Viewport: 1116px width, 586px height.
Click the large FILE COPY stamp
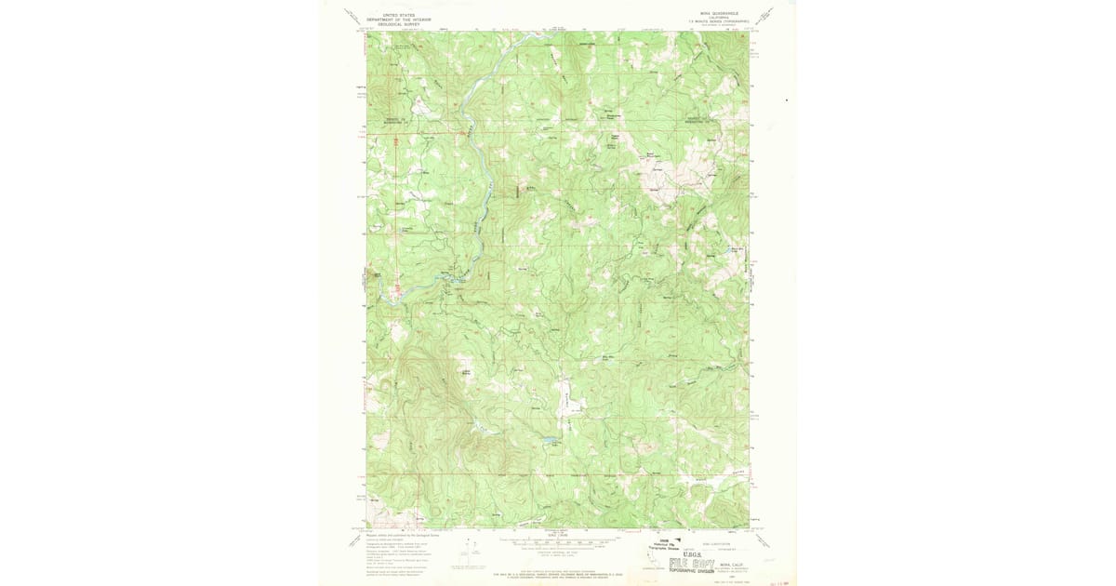(x=693, y=563)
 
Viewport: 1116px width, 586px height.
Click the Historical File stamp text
(x=665, y=545)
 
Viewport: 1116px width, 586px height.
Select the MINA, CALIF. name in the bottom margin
(x=728, y=565)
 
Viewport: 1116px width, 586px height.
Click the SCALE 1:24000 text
(x=558, y=534)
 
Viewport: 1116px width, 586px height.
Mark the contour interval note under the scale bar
(x=558, y=550)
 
